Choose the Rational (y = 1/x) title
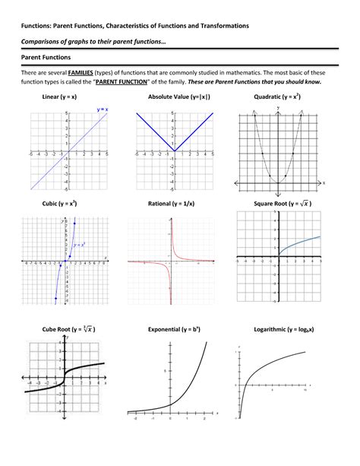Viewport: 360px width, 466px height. (175, 204)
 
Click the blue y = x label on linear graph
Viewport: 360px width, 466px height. (102, 110)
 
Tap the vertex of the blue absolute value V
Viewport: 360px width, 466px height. (174, 151)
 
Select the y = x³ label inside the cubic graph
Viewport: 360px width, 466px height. (78, 244)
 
